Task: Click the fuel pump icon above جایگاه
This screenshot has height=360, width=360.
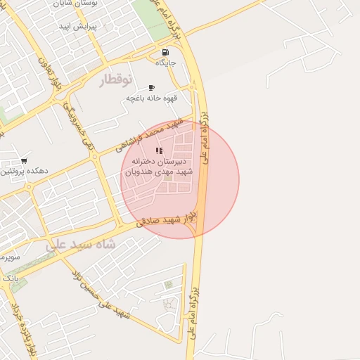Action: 165,52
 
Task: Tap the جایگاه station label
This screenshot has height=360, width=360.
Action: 165,63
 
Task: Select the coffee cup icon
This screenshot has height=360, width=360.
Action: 152,87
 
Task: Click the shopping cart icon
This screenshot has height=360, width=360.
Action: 25,161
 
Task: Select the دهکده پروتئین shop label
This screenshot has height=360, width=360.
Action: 22,171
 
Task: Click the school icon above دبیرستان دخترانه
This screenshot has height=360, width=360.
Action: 159,150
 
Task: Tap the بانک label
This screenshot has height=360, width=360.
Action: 10,278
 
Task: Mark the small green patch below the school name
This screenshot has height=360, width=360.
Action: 167,176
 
